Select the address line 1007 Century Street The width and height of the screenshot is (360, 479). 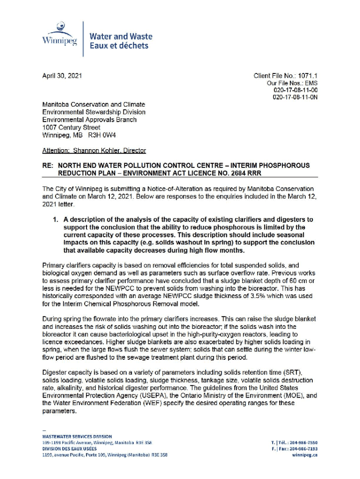point(71,127)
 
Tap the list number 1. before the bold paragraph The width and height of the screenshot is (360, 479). point(55,219)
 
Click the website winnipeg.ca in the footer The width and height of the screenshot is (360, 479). point(305,455)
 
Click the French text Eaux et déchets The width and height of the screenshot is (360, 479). point(119,46)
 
